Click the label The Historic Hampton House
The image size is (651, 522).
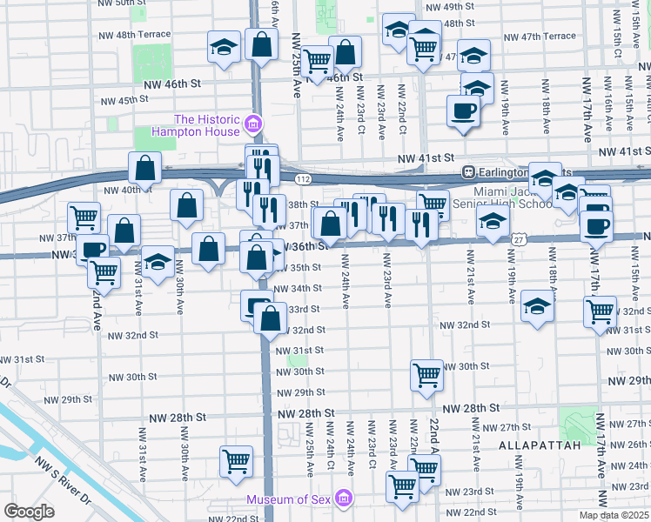(208, 126)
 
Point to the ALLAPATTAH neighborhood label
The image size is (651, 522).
(534, 445)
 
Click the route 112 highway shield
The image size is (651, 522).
(300, 178)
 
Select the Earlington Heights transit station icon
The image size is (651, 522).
(467, 171)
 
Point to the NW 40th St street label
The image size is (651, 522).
(121, 191)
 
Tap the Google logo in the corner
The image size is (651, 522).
(30, 512)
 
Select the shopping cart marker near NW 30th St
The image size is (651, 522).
(426, 375)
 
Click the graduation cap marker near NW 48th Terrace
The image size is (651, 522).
(224, 47)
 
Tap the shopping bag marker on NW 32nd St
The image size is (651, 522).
(271, 319)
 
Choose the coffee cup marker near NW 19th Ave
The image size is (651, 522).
(463, 110)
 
